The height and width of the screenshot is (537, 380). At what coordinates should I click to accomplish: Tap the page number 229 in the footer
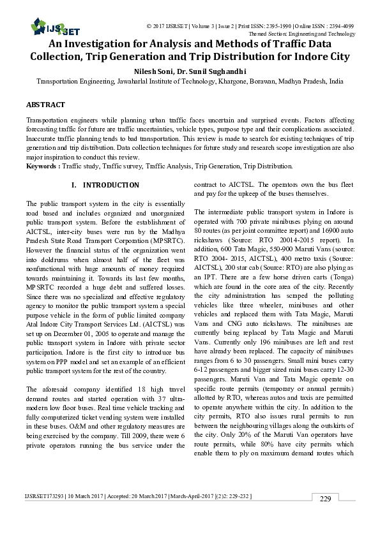click(325, 517)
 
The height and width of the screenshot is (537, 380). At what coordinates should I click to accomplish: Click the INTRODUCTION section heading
click(110, 185)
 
